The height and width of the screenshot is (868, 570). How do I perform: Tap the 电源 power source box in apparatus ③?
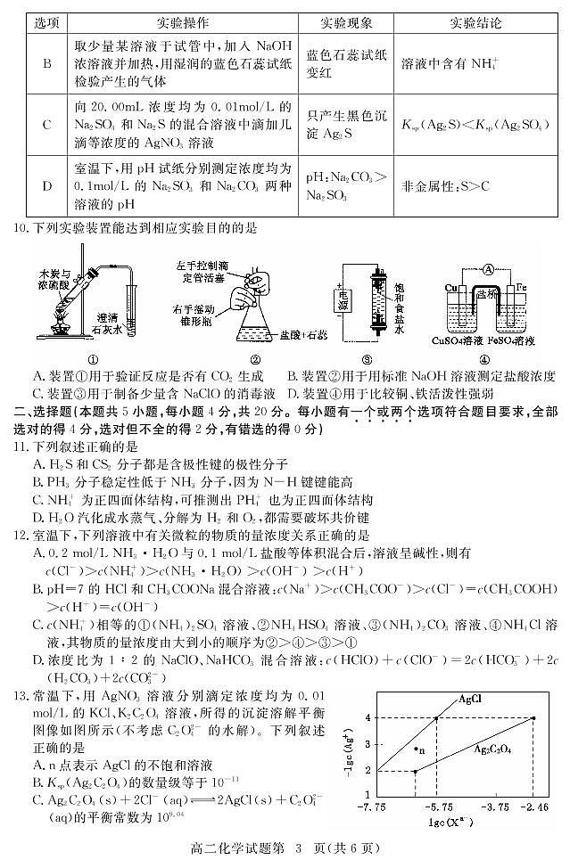point(340,301)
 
